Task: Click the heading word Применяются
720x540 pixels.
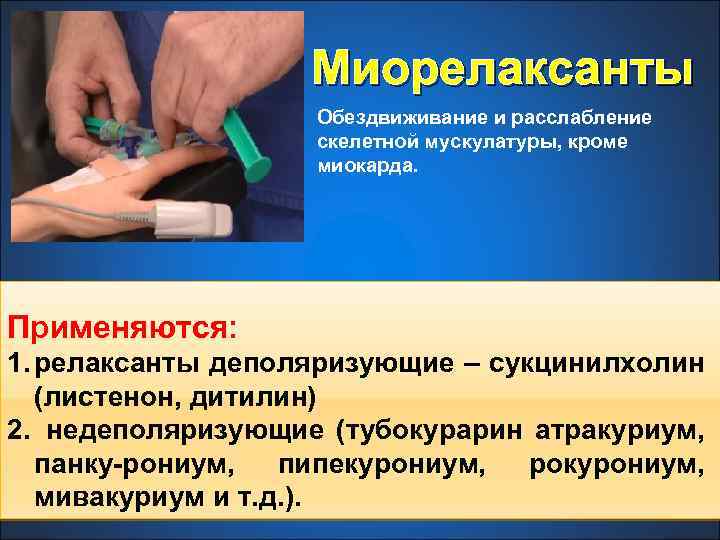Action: pyautogui.click(x=120, y=327)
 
